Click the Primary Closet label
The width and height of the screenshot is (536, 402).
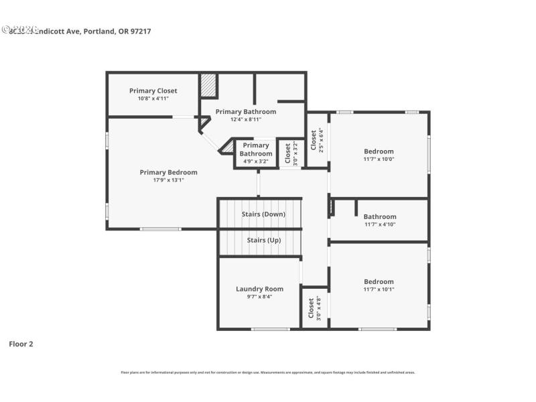153,90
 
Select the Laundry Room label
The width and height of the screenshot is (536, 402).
259,289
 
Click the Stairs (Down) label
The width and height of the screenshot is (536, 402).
263,214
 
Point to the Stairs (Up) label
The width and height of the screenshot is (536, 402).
263,240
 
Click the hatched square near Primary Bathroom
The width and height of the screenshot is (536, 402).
208,86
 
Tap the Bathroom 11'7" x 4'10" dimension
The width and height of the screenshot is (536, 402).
380,224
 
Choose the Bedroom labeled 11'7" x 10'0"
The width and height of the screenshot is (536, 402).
379,151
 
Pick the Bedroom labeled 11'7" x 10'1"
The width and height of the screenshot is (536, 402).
379,281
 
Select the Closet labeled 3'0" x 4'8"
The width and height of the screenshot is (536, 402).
312,308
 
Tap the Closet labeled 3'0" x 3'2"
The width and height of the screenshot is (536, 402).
289,153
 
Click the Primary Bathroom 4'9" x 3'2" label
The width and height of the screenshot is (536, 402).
255,153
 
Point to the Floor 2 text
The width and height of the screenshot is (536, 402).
21,344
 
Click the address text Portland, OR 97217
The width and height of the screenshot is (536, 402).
117,31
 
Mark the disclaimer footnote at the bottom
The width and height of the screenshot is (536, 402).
268,372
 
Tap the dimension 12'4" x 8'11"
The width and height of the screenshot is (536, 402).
246,119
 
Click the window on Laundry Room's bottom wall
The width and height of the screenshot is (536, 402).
270,329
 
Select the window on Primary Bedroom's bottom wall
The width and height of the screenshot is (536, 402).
159,229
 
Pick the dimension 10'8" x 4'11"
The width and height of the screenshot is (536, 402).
153,98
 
